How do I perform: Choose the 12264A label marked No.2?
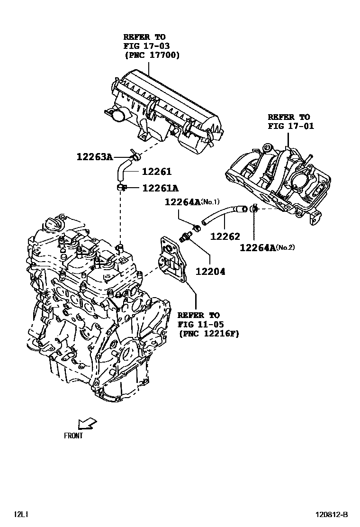258,247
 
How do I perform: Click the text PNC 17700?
152,55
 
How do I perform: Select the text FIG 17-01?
290,126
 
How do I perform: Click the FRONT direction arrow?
87,422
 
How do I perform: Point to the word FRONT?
73,436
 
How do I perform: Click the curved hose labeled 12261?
122,171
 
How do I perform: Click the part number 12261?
156,172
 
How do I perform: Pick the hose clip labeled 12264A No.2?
254,208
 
